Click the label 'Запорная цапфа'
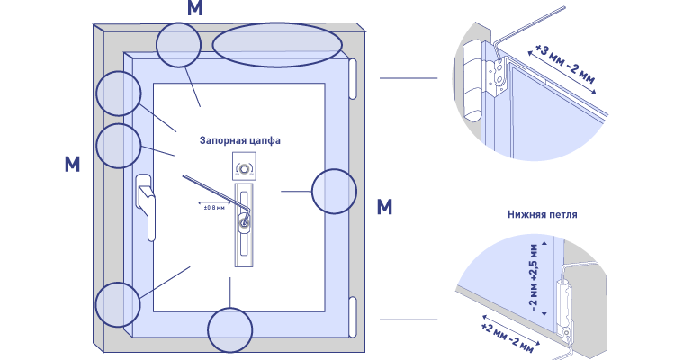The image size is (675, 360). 239,140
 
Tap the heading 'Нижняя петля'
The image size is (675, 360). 543,214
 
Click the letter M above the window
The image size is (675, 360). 195,8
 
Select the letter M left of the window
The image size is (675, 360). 72,164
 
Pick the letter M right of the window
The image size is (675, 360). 384,207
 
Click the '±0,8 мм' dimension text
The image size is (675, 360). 214,208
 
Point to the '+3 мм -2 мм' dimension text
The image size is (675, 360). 565,63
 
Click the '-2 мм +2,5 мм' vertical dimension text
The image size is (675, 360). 534,277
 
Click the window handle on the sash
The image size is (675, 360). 146,206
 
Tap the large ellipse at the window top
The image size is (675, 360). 277,45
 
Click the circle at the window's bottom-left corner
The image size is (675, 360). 118,304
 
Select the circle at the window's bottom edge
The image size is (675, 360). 229,330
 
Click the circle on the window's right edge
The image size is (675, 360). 334,192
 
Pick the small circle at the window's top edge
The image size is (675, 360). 178,45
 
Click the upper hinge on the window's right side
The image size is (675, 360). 353,79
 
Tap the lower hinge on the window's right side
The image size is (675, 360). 353,317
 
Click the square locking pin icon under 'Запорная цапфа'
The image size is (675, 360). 244,166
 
